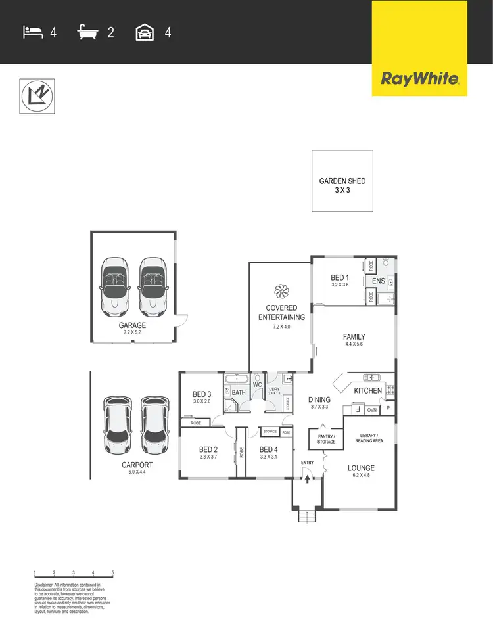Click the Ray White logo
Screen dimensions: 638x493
420,80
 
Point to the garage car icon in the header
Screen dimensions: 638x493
145,32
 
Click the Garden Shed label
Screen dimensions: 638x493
342,181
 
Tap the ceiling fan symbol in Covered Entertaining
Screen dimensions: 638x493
281,290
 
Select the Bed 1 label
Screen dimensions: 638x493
340,278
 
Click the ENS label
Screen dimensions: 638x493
378,281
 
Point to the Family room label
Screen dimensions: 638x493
354,337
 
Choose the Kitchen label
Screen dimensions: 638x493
367,391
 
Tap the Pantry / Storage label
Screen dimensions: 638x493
326,439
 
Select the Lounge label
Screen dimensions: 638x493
362,468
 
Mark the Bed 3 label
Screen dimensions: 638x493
201,394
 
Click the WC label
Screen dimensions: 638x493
258,384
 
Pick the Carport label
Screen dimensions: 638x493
136,465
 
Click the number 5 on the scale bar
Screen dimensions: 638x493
113,573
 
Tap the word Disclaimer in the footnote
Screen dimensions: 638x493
45,585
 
